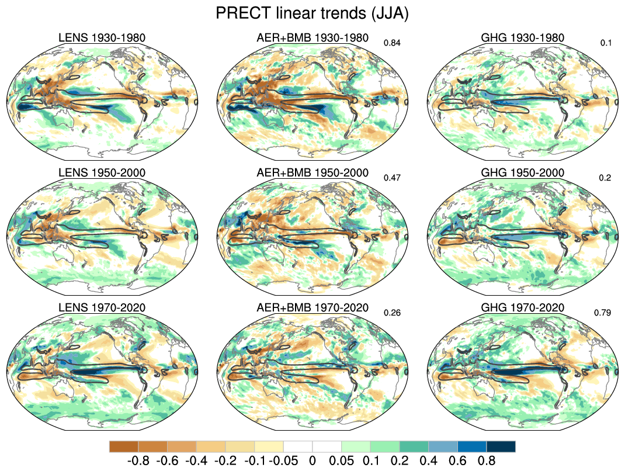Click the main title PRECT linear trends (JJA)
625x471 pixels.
tap(312, 13)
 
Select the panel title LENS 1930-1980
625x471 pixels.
tap(102, 38)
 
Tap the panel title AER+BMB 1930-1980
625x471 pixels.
tap(312, 38)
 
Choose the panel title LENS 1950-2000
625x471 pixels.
tap(102, 173)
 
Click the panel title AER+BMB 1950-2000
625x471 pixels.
tap(312, 173)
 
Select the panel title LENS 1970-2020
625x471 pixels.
tap(102, 308)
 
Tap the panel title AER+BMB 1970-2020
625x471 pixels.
tap(312, 308)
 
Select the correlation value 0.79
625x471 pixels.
tap(602, 313)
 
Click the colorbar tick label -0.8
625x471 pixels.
tap(138, 460)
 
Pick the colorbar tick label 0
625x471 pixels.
tap(312, 460)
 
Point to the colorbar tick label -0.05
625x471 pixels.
tap(283, 460)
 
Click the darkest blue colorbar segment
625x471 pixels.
tap(501, 446)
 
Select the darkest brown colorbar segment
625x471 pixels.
tap(123, 446)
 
